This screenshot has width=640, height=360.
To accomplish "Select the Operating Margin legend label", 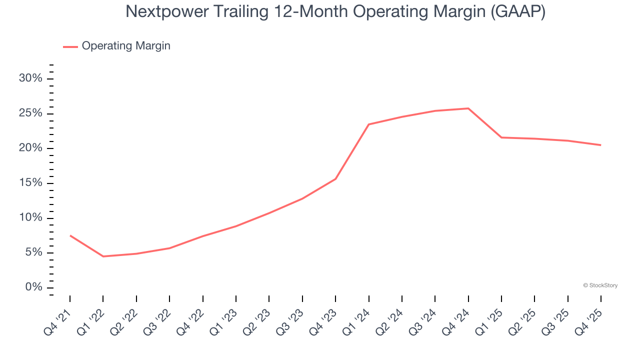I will pos(126,46).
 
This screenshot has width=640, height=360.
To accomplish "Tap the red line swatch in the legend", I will pos(70,46).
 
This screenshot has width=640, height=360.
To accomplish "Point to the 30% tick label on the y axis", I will pos(30,78).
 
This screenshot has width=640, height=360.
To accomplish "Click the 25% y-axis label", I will pos(30,113).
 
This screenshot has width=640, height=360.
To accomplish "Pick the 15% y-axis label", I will pos(30,183).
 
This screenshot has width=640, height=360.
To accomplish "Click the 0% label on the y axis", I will pos(33,287).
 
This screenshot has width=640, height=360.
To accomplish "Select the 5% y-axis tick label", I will pos(33,252).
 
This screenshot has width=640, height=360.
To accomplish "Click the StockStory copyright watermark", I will pos(600,285).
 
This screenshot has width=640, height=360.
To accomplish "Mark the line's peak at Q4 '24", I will pos(468,108).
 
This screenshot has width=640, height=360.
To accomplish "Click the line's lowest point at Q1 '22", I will pos(103,256).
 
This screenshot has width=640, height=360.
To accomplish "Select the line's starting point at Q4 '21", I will pos(70,235).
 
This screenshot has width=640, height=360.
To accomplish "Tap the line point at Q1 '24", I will pos(368,124).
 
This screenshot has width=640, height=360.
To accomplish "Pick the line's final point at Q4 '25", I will pos(600,145).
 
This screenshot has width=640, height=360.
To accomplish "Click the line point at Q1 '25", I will pos(501,137).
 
